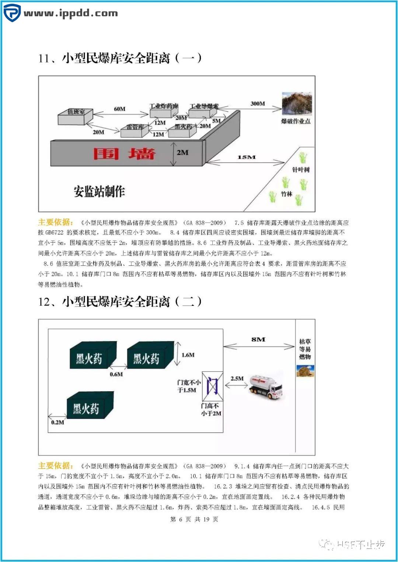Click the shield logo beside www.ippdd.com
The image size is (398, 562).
[12, 13]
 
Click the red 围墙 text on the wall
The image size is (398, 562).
[124, 153]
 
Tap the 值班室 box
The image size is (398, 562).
[76, 116]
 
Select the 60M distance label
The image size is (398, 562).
[119, 109]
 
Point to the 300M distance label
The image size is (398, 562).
[258, 104]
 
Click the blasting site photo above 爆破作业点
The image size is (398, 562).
[297, 103]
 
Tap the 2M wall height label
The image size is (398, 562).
[182, 152]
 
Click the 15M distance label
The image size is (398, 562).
[247, 157]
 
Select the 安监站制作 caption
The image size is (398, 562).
[99, 191]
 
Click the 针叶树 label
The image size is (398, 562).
[301, 170]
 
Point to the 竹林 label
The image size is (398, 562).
[286, 194]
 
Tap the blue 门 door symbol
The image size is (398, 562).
[212, 386]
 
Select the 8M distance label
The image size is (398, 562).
[258, 339]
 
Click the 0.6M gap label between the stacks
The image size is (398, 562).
[116, 374]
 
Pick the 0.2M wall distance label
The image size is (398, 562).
[57, 422]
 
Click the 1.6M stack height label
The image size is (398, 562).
[188, 355]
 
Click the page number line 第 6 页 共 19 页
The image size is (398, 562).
[194, 519]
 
